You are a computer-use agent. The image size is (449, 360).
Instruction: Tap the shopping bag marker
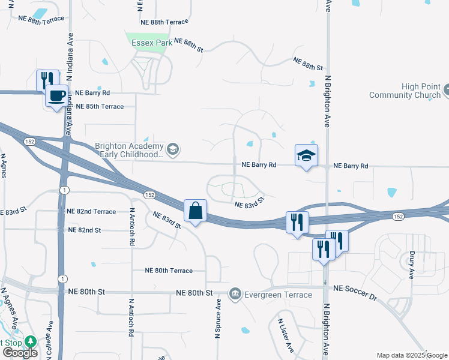[195, 211]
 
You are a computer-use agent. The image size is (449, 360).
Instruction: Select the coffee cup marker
[56, 96]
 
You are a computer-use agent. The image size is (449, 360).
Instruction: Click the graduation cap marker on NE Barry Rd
[306, 156]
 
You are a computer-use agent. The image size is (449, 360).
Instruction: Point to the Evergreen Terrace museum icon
[235, 294]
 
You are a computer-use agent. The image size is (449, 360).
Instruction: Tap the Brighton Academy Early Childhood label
[129, 150]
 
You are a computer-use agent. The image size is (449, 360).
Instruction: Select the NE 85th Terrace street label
[100, 107]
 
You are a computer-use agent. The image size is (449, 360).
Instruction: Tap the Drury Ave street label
[412, 265]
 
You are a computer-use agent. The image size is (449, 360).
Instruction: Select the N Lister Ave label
[286, 334]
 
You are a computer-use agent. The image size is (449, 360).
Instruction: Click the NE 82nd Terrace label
[91, 212]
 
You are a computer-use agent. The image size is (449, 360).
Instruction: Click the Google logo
[19, 352]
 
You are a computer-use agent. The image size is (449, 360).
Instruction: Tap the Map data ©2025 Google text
[411, 355]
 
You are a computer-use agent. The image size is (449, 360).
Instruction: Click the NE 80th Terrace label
[169, 271]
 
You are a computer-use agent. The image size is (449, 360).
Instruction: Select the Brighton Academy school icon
[173, 148]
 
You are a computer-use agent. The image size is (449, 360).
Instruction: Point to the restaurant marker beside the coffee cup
[47, 80]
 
